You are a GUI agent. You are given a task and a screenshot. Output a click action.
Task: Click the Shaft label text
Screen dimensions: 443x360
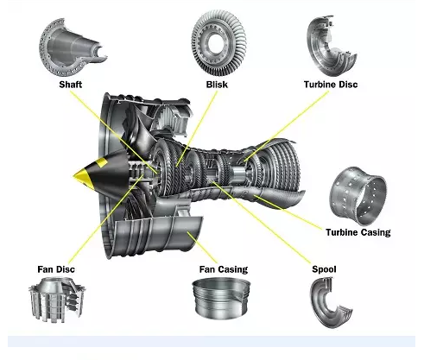pos(71,85)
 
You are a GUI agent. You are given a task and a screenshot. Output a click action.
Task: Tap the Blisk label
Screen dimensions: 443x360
pos(217,85)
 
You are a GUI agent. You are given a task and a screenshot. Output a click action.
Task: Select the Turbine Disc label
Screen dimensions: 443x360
pos(331,85)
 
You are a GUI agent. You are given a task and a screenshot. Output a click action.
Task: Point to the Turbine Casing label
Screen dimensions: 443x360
pos(358,232)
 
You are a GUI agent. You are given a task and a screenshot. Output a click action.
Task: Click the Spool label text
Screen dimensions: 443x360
pos(324,269)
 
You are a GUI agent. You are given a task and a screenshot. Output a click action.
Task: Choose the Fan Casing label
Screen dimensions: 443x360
pos(224,269)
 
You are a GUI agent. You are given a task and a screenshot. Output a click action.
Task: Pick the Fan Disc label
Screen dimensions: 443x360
pos(56,269)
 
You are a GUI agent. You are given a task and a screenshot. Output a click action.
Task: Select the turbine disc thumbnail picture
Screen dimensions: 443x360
pos(331,46)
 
